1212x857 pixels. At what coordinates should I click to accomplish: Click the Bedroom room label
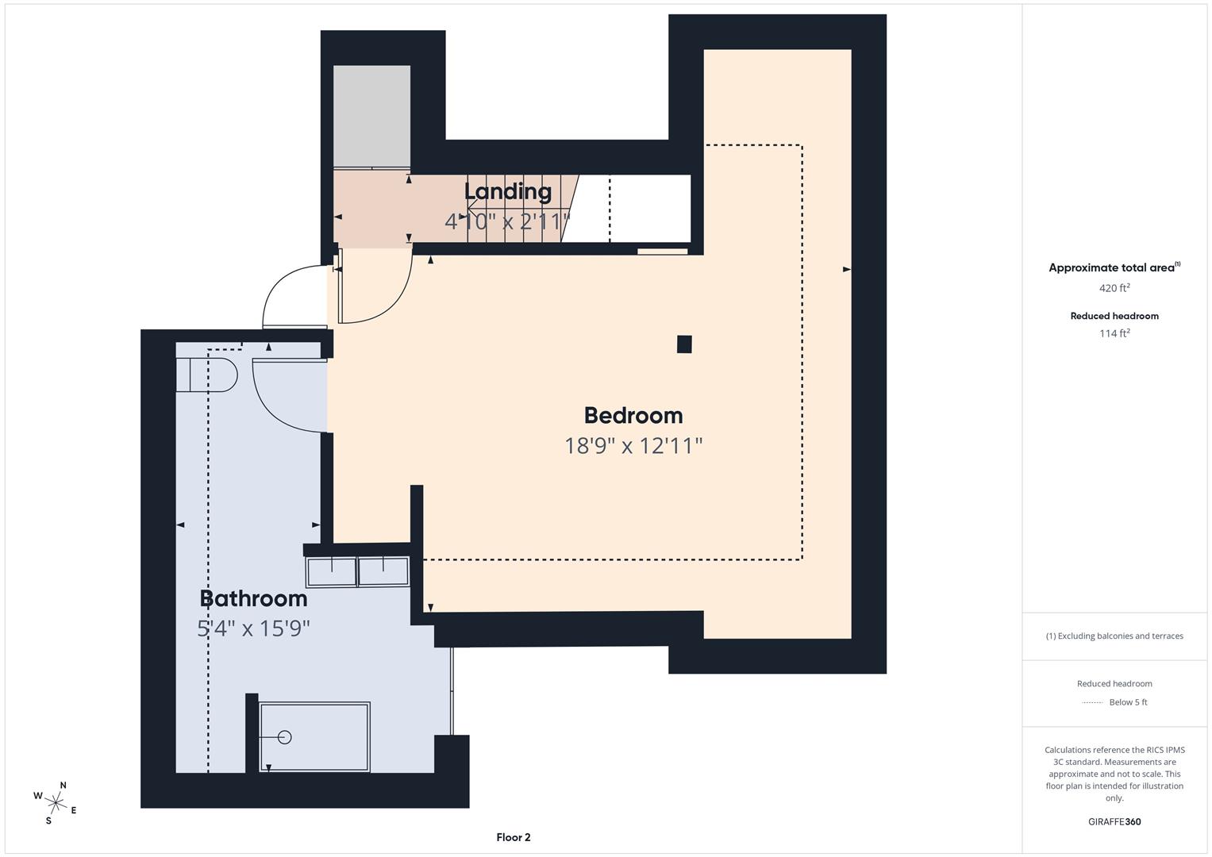coord(633,415)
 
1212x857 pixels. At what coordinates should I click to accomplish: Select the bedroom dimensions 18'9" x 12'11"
coord(633,446)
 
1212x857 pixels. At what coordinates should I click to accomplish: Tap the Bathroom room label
coord(253,598)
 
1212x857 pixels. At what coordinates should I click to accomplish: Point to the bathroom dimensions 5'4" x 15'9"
coord(253,628)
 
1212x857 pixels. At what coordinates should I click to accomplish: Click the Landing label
coord(507,191)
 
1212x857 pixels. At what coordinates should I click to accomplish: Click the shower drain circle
coord(285,737)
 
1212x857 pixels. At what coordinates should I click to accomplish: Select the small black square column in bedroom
coord(684,344)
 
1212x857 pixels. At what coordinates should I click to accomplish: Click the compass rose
coord(56,802)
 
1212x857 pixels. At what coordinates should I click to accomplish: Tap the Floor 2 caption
coord(513,837)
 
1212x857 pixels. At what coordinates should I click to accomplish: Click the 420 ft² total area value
coord(1114,288)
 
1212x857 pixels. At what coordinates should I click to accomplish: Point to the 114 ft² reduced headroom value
coord(1114,333)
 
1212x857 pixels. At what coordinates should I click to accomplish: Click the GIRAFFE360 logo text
coord(1114,821)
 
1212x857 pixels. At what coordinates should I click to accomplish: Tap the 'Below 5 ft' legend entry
coord(1128,702)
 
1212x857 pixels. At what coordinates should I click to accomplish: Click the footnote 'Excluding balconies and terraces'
coord(1114,636)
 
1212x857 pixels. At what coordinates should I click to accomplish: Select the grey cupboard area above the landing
coord(371,116)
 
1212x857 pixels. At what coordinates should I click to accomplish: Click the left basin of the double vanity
coord(332,571)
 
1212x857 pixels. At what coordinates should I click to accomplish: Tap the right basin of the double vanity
coord(383,571)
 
